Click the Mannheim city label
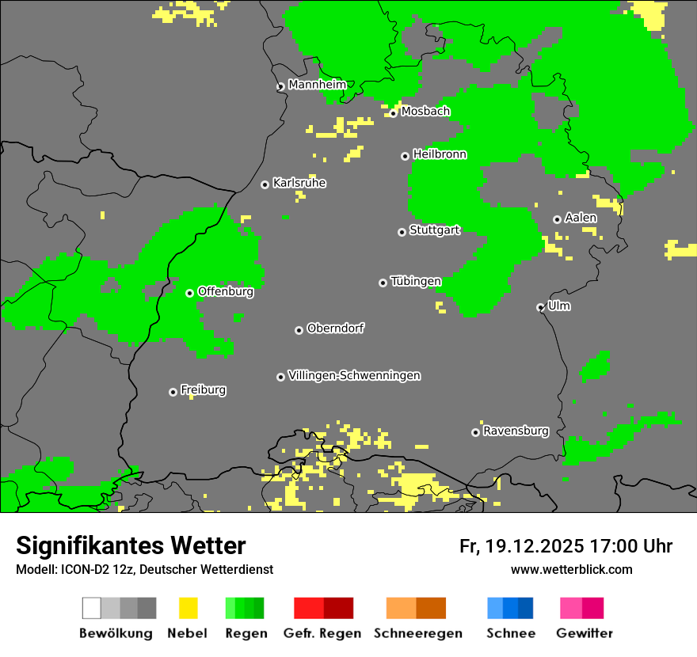(x=317, y=85)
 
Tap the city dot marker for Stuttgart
(x=402, y=232)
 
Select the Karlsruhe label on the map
(x=299, y=183)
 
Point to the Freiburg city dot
(x=173, y=392)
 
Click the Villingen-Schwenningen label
(x=354, y=375)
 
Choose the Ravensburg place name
(x=516, y=431)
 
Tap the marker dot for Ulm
(x=540, y=307)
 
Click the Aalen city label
(x=581, y=218)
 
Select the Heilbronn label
(x=440, y=154)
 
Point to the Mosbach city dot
(x=393, y=113)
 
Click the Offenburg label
(x=225, y=291)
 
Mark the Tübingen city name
(x=416, y=281)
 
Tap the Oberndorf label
(x=335, y=328)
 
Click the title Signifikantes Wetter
(x=131, y=545)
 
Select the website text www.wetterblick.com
(x=571, y=569)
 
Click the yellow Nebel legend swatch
(x=188, y=608)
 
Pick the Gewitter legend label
(x=584, y=633)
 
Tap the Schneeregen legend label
(x=417, y=633)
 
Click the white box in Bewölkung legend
(x=92, y=608)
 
